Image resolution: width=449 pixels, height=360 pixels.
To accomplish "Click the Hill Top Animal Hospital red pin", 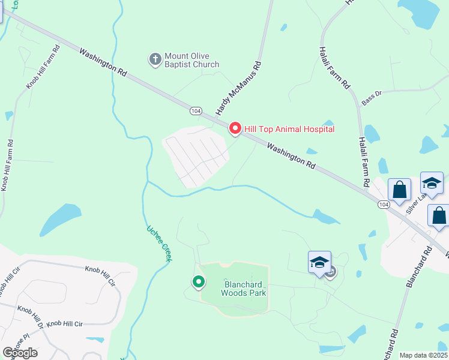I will [x=235, y=128].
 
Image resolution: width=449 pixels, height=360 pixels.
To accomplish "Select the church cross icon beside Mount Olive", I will [x=155, y=59].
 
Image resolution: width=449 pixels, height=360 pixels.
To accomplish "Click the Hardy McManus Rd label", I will [x=239, y=88].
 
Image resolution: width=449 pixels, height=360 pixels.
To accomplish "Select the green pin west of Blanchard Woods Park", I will [x=198, y=281].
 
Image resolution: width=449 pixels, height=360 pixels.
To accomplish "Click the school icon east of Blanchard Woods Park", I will [x=319, y=262].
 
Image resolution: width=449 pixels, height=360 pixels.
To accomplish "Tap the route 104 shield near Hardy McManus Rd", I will [x=195, y=111].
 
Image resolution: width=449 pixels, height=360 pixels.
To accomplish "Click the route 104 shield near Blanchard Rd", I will [x=384, y=205].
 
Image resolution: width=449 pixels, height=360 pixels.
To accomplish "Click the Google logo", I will [x=20, y=352].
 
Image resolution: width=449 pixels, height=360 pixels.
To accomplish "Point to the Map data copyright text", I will [x=423, y=355].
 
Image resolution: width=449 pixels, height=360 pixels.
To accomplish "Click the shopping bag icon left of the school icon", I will [x=399, y=190].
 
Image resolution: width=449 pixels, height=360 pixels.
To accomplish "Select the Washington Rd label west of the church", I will [x=103, y=61].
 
